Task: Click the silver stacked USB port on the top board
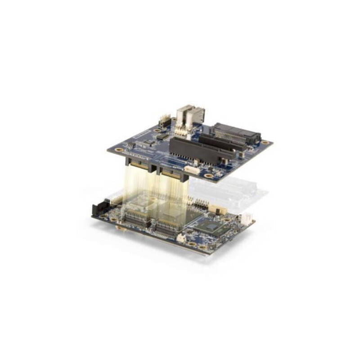190,116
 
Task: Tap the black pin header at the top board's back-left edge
165,121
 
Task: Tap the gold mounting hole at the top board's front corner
208,175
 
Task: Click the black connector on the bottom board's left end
98,209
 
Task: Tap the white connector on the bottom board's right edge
247,218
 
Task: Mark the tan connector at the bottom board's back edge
217,209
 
